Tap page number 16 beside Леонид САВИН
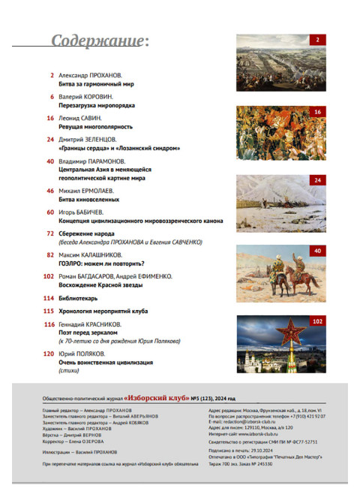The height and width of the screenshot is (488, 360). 50,118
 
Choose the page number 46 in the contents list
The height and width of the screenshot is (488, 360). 50,191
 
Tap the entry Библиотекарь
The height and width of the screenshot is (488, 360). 78,298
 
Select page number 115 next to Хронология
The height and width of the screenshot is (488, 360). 49,310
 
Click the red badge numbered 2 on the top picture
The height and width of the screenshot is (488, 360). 318,40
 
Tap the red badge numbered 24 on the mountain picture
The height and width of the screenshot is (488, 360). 317,181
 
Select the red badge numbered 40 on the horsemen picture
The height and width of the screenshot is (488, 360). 317,251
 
